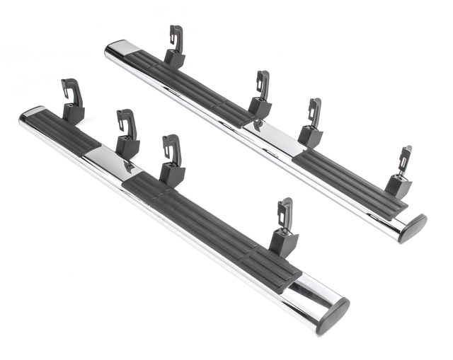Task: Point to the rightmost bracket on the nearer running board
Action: [x=285, y=229]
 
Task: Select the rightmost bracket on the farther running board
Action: [x=400, y=176]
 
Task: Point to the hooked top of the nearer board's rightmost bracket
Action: [x=285, y=206]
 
